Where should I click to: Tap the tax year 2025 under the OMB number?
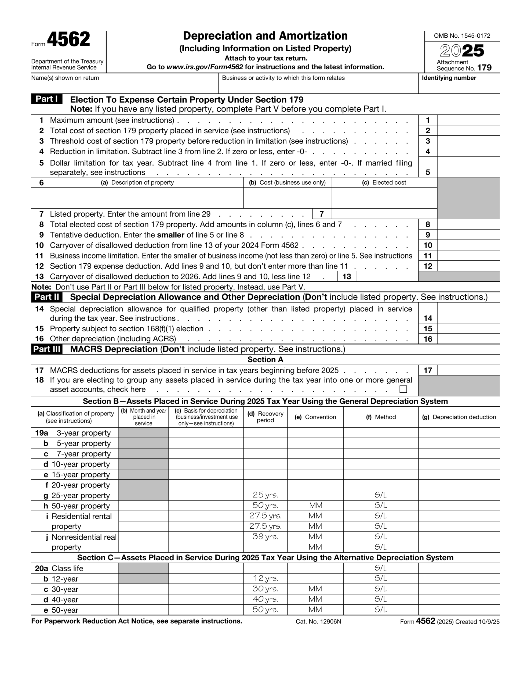[x=462, y=51]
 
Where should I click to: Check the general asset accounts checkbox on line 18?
[x=403, y=389]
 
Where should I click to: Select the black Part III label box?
[x=47, y=349]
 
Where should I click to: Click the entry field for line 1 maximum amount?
[x=468, y=120]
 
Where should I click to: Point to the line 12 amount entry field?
[x=468, y=266]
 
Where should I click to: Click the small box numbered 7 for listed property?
[x=321, y=214]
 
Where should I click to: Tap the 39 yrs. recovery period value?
[x=265, y=536]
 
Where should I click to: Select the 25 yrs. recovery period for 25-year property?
[x=265, y=495]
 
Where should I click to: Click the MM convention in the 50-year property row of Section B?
[x=315, y=505]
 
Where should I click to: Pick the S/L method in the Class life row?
[x=381, y=568]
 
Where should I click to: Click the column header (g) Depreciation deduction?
[x=459, y=417]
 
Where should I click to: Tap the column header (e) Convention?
[x=315, y=417]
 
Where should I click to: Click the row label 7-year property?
[x=83, y=454]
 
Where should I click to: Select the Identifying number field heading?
[x=449, y=78]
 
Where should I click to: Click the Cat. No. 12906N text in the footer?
[x=318, y=622]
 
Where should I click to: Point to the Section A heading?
[x=265, y=359]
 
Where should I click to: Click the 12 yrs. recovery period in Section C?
[x=265, y=578]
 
